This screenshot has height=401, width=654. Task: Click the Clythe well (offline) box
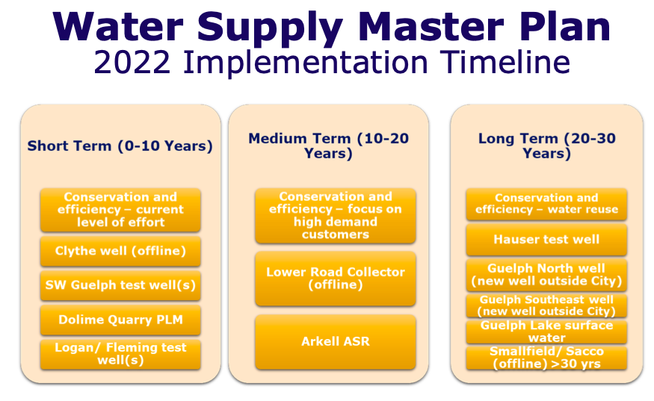click(x=120, y=251)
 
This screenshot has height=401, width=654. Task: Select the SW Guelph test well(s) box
click(x=120, y=285)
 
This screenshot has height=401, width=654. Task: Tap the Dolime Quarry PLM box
click(x=120, y=320)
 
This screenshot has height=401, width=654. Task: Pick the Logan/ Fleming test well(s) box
click(x=120, y=354)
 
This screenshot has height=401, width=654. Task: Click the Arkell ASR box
click(x=336, y=342)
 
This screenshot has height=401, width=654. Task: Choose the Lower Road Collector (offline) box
click(x=336, y=279)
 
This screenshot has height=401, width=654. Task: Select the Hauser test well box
click(x=546, y=240)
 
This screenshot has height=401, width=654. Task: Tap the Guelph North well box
click(x=546, y=275)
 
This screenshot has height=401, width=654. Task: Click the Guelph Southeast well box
click(x=546, y=305)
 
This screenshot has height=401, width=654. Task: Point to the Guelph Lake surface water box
click(x=546, y=332)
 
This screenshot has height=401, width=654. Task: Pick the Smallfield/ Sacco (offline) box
click(x=546, y=358)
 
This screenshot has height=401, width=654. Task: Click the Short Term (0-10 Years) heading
click(x=120, y=146)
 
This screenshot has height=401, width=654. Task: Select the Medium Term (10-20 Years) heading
click(x=329, y=146)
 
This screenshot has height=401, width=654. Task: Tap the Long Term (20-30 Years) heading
click(x=547, y=146)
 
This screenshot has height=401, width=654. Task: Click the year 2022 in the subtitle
click(x=132, y=63)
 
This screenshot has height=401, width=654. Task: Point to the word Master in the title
click(x=431, y=27)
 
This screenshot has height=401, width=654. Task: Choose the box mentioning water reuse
click(x=546, y=205)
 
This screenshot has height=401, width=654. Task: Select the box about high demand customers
click(x=336, y=216)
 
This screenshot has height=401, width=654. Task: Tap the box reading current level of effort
click(x=120, y=210)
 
